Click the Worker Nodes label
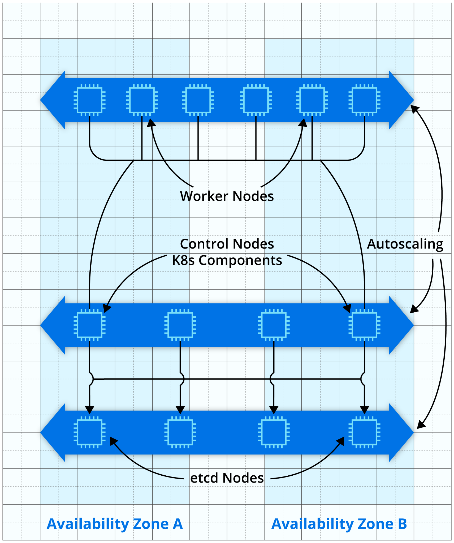coord(227,196)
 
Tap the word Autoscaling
coord(405,244)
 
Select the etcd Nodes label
coord(227,478)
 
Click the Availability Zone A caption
coord(115,524)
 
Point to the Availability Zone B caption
coord(339,524)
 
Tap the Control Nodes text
coord(227,244)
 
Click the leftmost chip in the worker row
coord(89,100)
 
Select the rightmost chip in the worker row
coord(364,100)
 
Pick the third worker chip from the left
coord(198,100)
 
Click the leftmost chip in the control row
coord(89,325)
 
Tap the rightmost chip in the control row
coord(364,325)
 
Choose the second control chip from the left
coord(180,325)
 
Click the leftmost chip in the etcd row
coord(89,432)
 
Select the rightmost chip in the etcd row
coord(364,432)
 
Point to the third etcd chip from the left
coord(274,432)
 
